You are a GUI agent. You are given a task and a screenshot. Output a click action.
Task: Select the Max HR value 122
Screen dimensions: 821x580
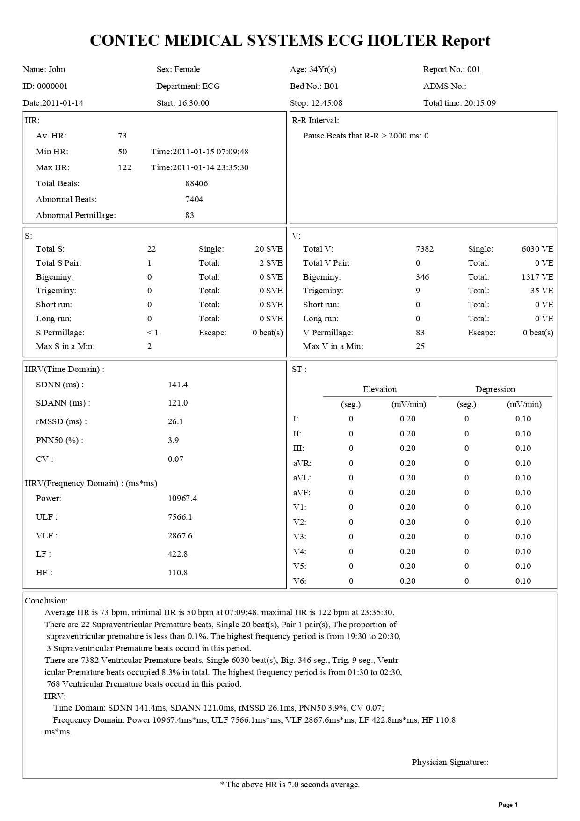click(x=124, y=167)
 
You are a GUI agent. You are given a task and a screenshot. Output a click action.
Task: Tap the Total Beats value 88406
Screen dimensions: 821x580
click(x=196, y=183)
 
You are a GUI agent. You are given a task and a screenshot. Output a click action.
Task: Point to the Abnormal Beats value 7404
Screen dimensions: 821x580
click(x=194, y=199)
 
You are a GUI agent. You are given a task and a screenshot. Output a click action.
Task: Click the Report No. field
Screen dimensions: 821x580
click(x=451, y=69)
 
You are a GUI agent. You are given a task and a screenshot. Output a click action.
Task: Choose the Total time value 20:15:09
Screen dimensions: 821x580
click(x=480, y=103)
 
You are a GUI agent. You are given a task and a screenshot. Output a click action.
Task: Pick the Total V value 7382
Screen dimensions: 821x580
click(x=424, y=249)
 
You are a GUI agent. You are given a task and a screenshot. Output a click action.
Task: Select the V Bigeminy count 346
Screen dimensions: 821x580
click(x=422, y=277)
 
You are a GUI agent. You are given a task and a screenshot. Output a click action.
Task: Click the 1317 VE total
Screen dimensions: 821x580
click(x=537, y=277)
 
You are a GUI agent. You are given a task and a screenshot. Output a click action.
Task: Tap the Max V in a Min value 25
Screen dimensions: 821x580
click(x=420, y=346)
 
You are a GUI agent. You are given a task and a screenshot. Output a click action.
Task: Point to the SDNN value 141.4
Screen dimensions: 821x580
click(x=178, y=385)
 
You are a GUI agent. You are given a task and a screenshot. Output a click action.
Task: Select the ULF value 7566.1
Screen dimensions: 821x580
click(x=180, y=517)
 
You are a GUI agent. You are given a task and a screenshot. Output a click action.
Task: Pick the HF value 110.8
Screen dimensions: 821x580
click(x=178, y=573)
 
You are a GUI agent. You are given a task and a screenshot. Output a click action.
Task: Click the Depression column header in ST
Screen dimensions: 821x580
click(x=495, y=389)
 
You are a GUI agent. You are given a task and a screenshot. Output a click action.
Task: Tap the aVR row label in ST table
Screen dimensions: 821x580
click(x=302, y=463)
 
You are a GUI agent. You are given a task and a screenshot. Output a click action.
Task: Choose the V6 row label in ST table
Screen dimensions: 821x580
click(x=299, y=581)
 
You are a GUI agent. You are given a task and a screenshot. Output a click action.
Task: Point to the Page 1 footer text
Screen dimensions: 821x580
click(x=508, y=805)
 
